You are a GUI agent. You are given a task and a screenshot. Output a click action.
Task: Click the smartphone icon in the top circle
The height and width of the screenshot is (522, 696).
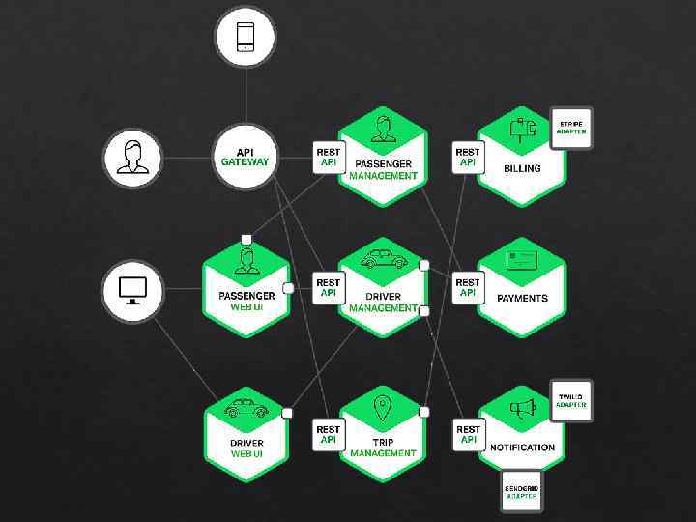tap(246, 37)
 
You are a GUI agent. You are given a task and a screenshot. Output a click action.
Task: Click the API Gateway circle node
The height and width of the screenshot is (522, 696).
tap(245, 156)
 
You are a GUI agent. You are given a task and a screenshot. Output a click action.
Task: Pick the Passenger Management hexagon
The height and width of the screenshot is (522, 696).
tap(383, 159)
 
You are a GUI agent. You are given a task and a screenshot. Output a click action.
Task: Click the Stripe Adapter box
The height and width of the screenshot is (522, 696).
tap(570, 128)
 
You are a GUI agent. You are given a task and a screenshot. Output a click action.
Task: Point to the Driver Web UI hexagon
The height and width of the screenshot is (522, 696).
tap(246, 435)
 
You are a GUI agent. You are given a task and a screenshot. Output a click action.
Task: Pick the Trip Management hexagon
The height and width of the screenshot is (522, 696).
tap(383, 435)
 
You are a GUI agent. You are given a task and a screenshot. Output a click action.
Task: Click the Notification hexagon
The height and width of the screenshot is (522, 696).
tap(522, 435)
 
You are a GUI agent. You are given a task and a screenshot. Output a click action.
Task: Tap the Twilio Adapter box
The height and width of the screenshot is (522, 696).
tap(570, 400)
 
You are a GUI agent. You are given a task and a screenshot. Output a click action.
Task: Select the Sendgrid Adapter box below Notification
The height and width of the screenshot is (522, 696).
tap(522, 492)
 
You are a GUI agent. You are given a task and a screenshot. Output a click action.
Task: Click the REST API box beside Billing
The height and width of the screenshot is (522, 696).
tap(468, 157)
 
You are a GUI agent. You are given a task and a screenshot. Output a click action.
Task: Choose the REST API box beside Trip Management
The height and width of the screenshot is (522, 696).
tap(329, 434)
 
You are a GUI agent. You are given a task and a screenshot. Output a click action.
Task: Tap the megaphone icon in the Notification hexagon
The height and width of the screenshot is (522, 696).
tap(523, 409)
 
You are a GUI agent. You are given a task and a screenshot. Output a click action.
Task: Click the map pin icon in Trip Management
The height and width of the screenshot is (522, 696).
tap(383, 409)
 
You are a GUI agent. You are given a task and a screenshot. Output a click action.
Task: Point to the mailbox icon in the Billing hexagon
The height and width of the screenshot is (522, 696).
tap(523, 128)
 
